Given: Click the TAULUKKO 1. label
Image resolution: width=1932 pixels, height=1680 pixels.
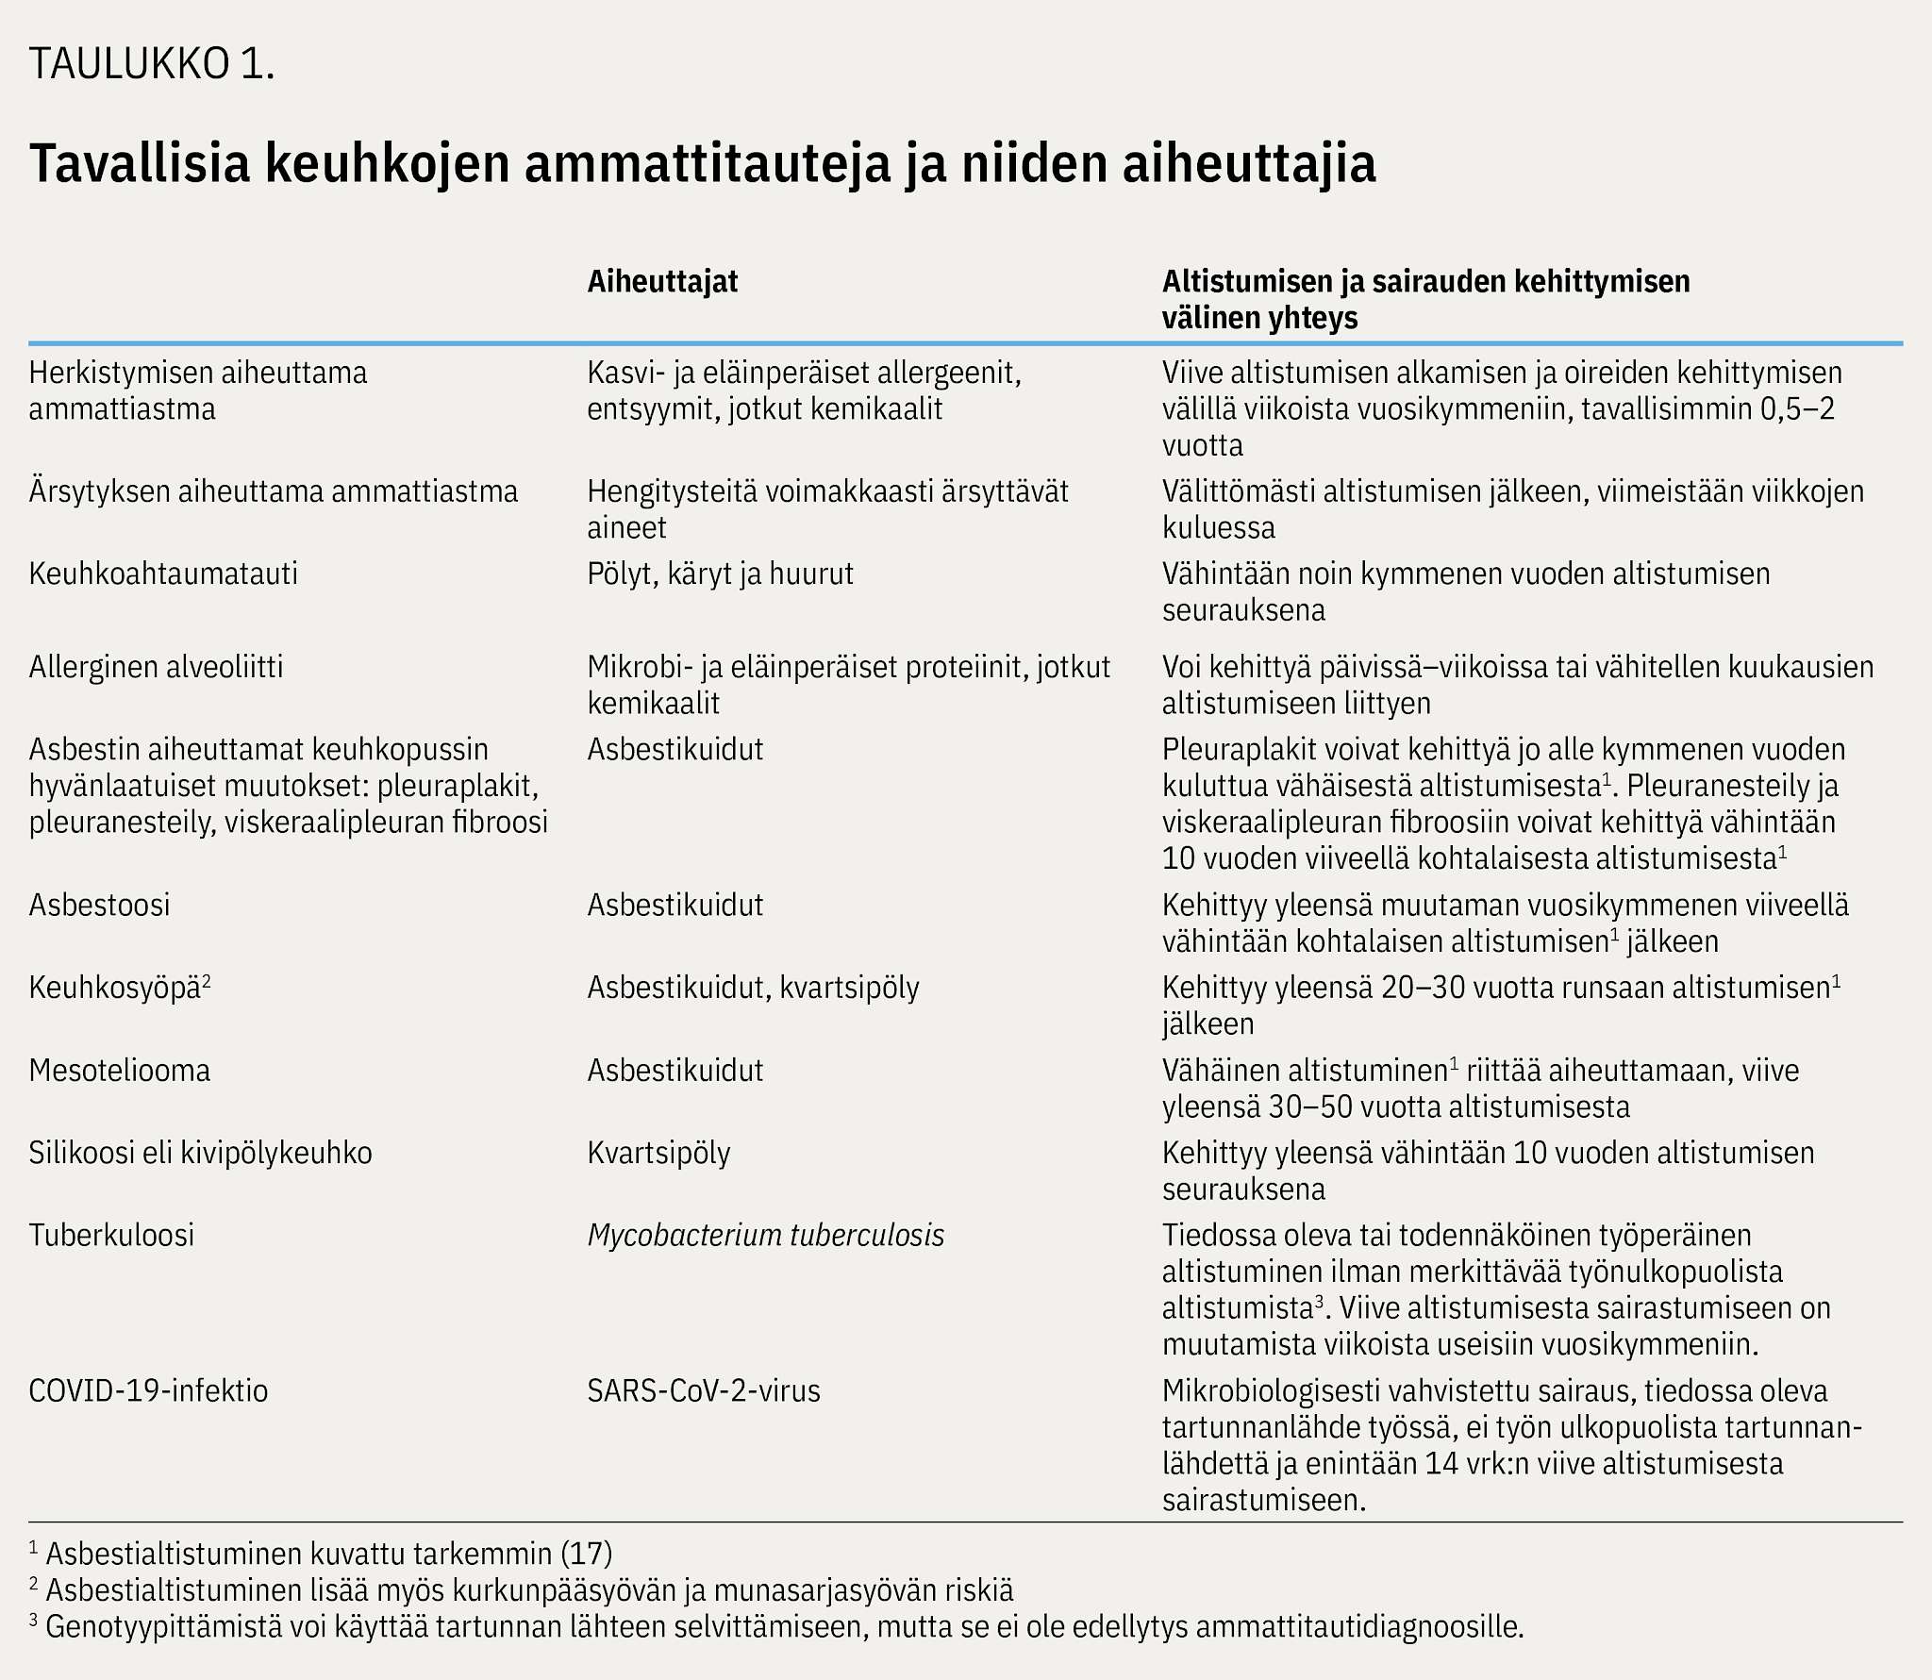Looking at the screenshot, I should [x=152, y=64].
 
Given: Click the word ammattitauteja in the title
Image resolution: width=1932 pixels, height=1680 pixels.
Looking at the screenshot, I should [x=708, y=163].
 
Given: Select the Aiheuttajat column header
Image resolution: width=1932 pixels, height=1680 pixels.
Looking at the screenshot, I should [x=662, y=281].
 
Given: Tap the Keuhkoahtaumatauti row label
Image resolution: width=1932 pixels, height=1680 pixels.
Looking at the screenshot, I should [x=163, y=574].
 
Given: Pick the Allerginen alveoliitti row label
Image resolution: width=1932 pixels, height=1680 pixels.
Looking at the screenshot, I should [x=156, y=667].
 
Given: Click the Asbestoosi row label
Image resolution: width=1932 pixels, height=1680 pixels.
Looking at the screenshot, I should [x=99, y=905].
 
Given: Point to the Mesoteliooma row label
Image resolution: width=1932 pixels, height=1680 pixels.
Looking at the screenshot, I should [x=120, y=1070].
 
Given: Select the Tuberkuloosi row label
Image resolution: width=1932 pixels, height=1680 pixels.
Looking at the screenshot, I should [x=111, y=1235].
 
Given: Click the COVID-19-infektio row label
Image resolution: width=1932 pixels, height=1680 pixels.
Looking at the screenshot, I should [x=148, y=1390].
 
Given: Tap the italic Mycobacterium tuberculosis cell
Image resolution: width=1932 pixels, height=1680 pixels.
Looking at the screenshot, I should [x=765, y=1235].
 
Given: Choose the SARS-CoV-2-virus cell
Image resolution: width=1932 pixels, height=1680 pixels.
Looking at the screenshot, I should [x=704, y=1390].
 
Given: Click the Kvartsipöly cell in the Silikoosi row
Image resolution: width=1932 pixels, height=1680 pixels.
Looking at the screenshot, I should [x=658, y=1153].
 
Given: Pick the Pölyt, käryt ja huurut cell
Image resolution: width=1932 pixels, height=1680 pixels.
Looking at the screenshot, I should [x=720, y=574].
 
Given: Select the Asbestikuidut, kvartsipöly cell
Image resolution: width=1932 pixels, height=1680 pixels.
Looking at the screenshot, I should [x=753, y=988].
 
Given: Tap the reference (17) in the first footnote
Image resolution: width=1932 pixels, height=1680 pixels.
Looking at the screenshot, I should [x=586, y=1554].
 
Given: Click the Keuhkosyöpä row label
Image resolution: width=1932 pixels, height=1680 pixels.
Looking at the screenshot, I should [x=115, y=988].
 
